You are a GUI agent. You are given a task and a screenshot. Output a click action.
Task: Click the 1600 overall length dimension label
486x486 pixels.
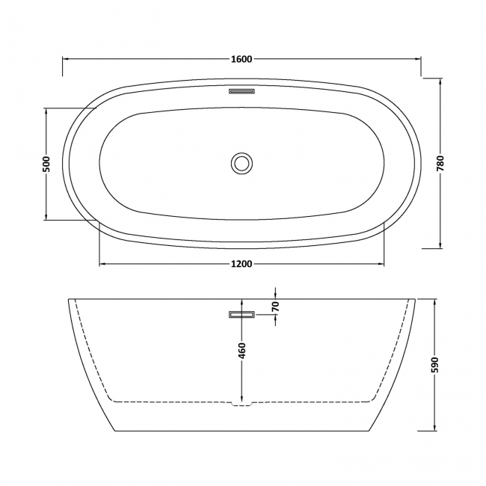242,60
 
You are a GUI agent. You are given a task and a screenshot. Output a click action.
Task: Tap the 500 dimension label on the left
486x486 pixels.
46,164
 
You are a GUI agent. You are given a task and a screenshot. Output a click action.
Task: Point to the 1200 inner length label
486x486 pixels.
242,264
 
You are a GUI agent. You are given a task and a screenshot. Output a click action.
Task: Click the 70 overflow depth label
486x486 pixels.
275,307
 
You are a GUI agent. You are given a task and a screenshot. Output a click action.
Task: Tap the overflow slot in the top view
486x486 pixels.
242,92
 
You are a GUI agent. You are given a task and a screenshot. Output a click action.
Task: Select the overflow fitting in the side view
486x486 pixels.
242,315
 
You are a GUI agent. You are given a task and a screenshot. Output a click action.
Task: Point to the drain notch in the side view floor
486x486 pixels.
242,405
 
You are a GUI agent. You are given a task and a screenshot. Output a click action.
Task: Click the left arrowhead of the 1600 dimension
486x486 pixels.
65,60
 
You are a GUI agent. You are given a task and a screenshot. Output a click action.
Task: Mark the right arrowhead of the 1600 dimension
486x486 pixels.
417,60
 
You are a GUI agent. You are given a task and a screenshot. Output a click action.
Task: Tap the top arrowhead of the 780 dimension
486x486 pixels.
440,81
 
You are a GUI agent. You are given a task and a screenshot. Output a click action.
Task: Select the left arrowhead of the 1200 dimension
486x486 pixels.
103,264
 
